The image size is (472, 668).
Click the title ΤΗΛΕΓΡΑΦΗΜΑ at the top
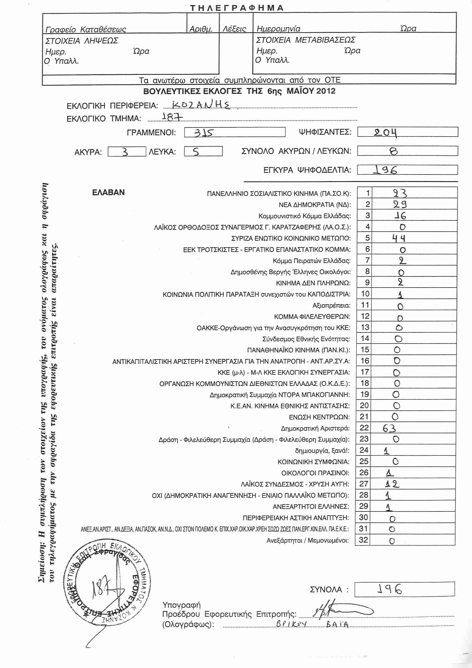tap(237, 8)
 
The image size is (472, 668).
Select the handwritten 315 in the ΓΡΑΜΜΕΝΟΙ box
tap(203, 133)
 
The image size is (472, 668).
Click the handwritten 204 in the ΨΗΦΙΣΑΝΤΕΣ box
tap(385, 133)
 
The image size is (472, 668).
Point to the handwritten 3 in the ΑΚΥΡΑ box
tap(125, 152)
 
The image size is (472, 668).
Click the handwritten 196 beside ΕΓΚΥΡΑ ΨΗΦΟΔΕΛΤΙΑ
tap(385, 170)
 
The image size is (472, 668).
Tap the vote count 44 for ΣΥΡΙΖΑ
tap(398, 238)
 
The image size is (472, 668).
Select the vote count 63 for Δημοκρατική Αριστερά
tap(389, 428)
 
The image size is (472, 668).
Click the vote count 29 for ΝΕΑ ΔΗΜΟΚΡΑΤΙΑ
tap(400, 204)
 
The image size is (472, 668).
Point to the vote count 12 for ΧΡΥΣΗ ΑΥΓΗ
tap(392, 484)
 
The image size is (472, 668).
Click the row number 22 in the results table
tap(364, 428)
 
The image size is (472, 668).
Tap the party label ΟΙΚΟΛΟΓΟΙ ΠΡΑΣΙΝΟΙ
tap(315, 473)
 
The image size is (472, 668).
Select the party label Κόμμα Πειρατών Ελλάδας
tap(312, 261)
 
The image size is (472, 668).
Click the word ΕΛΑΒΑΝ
tap(108, 192)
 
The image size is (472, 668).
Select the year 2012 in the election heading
tap(326, 91)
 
